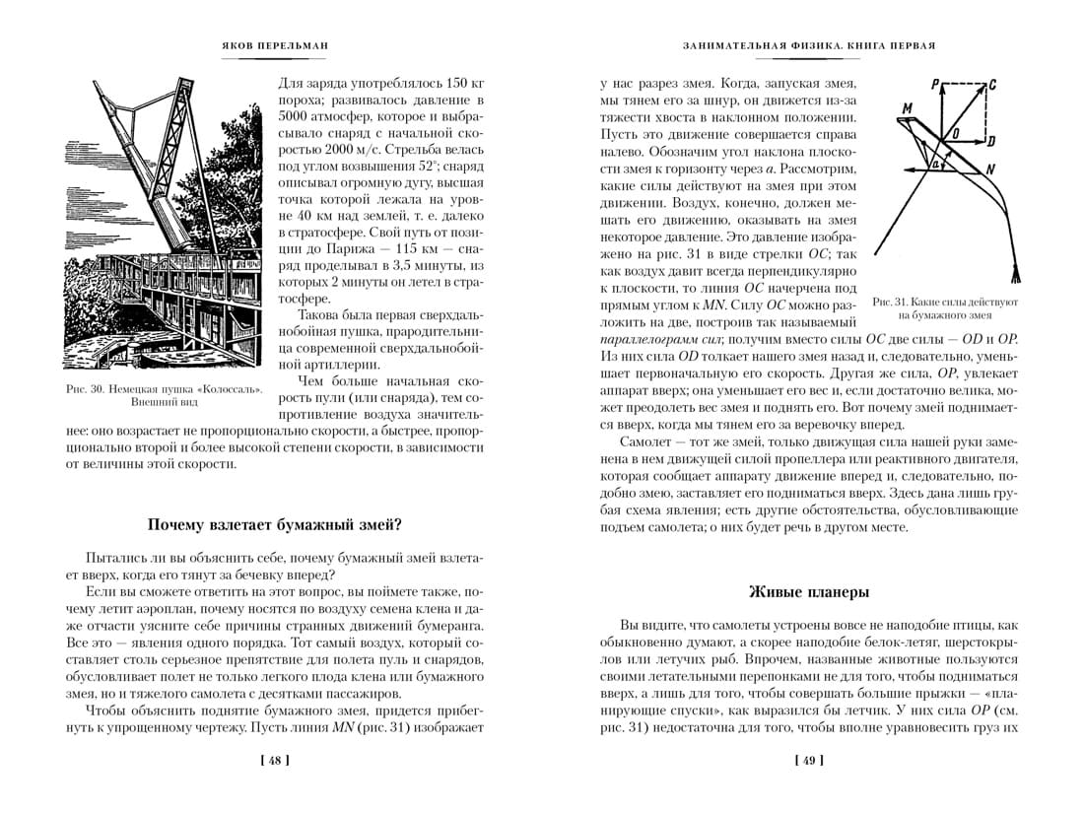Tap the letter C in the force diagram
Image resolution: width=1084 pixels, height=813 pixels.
991,85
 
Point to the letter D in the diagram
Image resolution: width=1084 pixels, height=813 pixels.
991,140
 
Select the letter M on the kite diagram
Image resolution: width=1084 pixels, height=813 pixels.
906,106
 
